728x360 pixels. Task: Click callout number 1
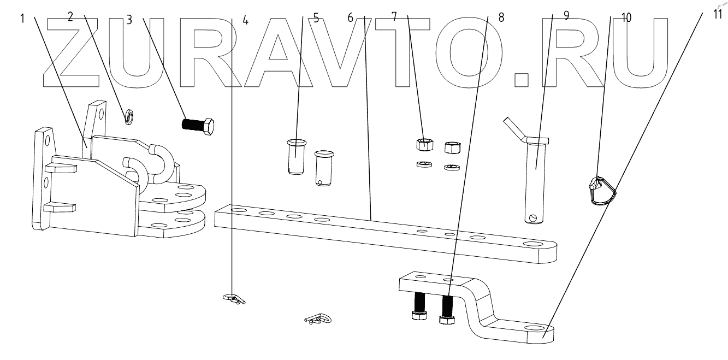tap(23, 17)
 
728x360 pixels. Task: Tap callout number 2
tap(70, 16)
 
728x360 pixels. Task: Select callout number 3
tap(129, 19)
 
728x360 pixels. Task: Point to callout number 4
tap(245, 20)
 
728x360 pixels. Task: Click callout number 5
tap(316, 17)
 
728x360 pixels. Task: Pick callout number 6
tap(351, 17)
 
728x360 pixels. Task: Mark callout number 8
tap(501, 17)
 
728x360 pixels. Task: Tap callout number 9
tap(566, 16)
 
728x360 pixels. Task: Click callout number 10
tap(626, 17)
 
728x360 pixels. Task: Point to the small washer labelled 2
tap(130, 115)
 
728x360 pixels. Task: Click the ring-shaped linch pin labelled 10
tap(601, 191)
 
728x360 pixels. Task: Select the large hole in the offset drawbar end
tap(536, 328)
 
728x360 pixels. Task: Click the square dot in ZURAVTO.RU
tap(522, 80)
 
